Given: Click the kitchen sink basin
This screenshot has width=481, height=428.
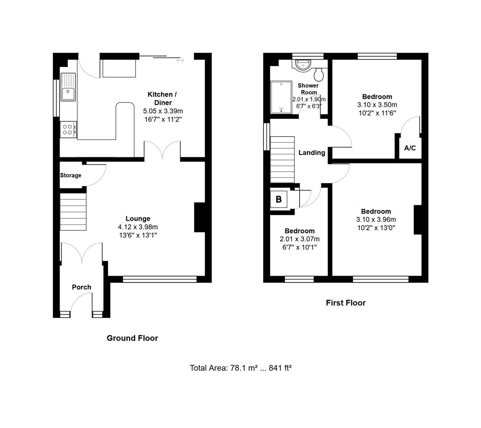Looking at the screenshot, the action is (68, 94).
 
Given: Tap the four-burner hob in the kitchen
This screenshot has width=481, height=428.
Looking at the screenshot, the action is (68, 129).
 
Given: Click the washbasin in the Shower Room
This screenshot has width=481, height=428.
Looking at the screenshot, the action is (303, 65).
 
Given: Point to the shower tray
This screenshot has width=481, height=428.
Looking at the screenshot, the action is (281, 97).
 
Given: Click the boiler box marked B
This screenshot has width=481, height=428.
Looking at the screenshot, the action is (279, 199).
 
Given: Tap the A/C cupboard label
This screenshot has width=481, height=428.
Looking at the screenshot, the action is (410, 148).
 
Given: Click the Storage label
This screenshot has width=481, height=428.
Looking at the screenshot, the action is (71, 175).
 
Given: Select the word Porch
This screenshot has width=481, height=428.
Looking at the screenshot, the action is (81, 287).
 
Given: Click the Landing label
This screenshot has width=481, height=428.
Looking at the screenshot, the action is (312, 153).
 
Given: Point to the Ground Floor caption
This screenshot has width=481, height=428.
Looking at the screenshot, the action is (132, 338).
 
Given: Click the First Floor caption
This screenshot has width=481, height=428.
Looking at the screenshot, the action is (346, 303).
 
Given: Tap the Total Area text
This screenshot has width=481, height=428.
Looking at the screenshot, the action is (240, 368).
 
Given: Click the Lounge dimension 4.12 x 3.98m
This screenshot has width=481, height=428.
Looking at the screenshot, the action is (138, 227).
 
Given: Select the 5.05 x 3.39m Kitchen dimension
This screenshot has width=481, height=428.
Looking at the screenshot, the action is (163, 111).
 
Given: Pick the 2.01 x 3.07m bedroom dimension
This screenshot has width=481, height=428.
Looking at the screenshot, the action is (300, 239).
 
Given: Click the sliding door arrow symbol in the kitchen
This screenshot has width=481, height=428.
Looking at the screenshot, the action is (180, 61).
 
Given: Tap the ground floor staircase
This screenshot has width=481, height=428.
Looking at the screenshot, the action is (73, 212).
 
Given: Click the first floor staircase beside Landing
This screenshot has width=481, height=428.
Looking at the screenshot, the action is (282, 160).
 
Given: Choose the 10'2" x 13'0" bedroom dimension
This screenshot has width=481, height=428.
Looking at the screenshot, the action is (376, 228).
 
